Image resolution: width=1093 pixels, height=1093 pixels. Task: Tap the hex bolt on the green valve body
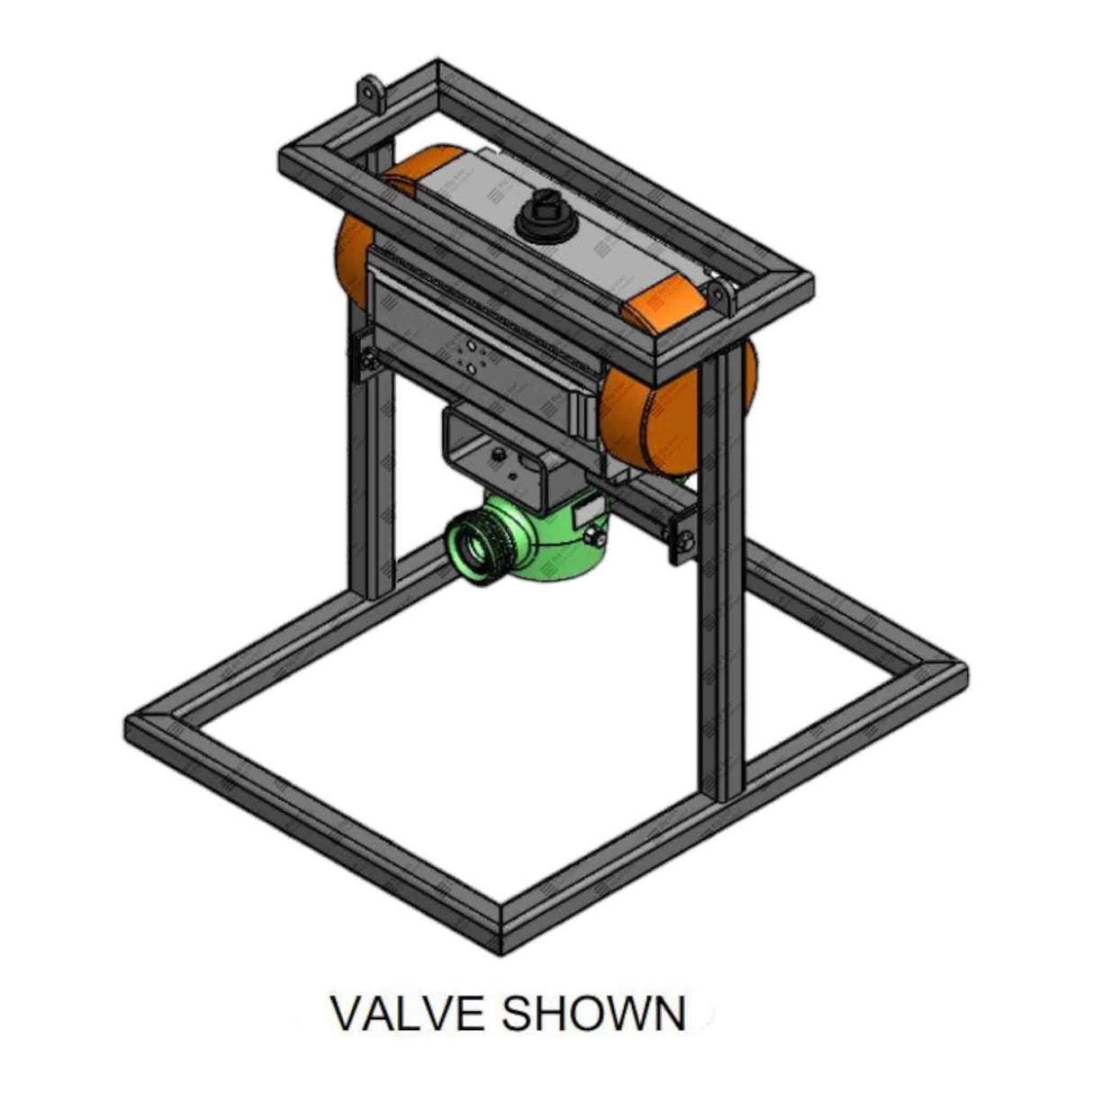(592, 538)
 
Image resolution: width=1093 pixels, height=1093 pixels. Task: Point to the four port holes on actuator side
(468, 355)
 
